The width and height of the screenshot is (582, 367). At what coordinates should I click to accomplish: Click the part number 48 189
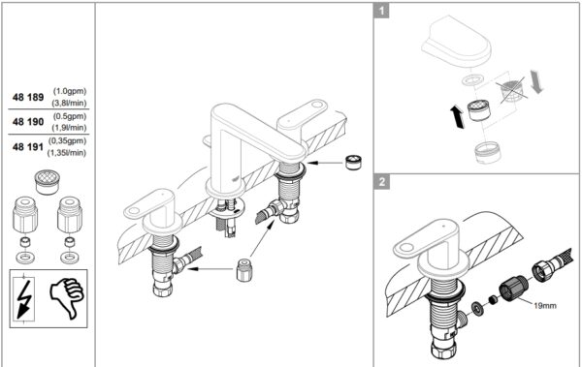(x=28, y=97)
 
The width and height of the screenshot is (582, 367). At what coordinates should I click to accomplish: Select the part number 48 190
(x=28, y=122)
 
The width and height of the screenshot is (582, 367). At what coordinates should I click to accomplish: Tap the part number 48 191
(x=28, y=147)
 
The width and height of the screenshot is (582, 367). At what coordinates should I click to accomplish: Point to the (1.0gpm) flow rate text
(x=70, y=91)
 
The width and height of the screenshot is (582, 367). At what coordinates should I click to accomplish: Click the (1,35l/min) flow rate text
(x=67, y=152)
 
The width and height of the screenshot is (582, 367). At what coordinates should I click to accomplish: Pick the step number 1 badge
(x=381, y=11)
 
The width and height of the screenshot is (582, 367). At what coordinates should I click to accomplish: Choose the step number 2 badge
(x=382, y=182)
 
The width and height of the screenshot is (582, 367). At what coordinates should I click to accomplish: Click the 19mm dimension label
(x=545, y=306)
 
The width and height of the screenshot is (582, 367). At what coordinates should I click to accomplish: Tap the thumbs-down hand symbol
(x=67, y=297)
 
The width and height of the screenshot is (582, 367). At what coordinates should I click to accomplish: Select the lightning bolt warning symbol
(x=24, y=298)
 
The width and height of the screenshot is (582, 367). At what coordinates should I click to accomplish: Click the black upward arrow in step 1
(x=457, y=116)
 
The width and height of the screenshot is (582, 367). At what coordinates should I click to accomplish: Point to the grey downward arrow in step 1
(x=536, y=81)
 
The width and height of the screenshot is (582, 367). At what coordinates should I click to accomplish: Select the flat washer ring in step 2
(x=477, y=307)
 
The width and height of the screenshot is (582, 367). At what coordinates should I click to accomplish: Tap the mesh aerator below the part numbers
(x=47, y=182)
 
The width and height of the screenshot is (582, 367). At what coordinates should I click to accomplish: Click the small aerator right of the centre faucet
(x=354, y=163)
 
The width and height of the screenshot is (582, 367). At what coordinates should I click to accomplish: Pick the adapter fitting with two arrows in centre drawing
(x=242, y=269)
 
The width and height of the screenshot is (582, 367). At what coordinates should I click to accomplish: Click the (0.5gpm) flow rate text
(x=70, y=116)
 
